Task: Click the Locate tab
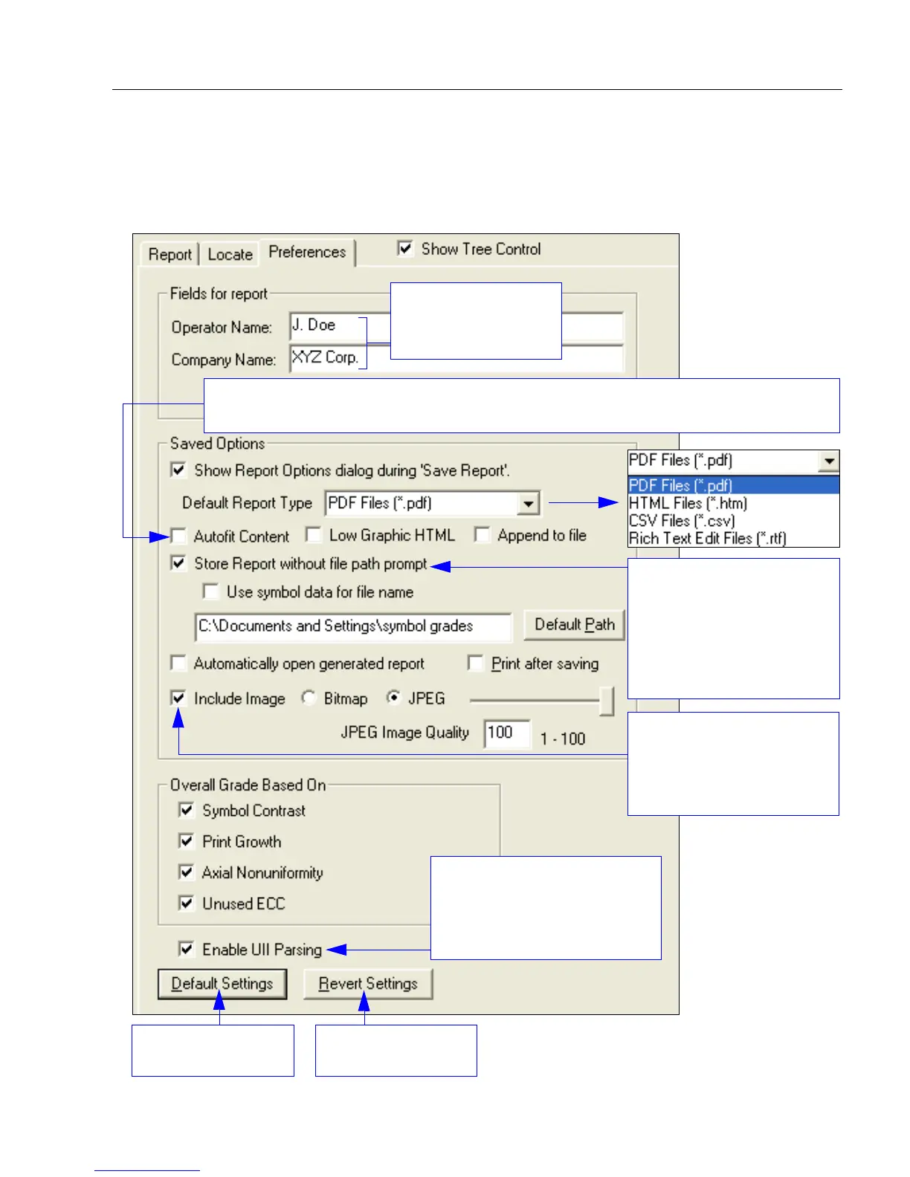tap(230, 254)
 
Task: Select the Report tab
tap(170, 254)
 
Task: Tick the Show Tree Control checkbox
tap(405, 248)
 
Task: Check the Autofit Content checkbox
tap(178, 536)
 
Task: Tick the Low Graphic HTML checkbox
tap(314, 535)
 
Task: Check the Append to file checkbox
tap(483, 535)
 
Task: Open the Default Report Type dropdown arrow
tap(528, 503)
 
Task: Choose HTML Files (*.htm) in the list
tap(688, 503)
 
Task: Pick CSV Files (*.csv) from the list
tap(682, 521)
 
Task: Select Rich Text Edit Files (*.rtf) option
tap(707, 538)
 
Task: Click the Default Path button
tap(574, 625)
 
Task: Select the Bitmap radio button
tap(309, 698)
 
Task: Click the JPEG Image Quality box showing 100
tap(506, 733)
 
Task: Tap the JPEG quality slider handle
tap(607, 700)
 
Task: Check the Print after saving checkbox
tap(476, 663)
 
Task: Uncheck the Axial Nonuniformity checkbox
tap(187, 872)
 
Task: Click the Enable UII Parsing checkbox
tap(187, 949)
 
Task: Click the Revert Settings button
tap(368, 984)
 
